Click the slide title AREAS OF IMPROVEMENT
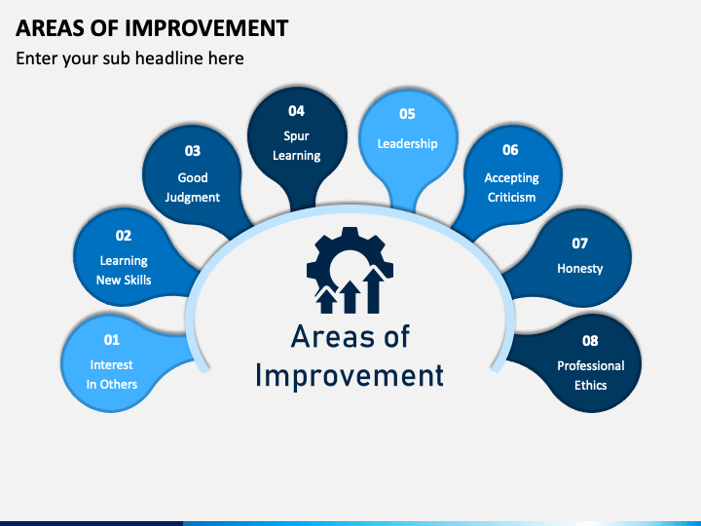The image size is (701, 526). [152, 28]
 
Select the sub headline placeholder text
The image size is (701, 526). [129, 58]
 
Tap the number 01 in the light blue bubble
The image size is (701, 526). [112, 340]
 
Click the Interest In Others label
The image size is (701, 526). [112, 374]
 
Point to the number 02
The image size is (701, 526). [124, 236]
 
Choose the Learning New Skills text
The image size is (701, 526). [124, 270]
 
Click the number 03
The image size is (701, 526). [193, 151]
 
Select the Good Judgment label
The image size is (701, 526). [193, 187]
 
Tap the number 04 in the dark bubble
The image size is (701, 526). [296, 111]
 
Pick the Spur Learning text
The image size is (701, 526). [296, 146]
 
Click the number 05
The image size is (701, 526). [407, 114]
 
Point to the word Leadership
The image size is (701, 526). [407, 143]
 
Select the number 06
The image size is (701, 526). [510, 150]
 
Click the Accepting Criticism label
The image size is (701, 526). [511, 187]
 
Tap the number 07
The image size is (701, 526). [580, 244]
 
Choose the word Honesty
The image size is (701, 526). [580, 269]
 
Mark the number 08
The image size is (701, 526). [590, 341]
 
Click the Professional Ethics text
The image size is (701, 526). [591, 375]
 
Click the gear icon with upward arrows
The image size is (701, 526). [350, 270]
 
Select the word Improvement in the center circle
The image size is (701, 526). [350, 376]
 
